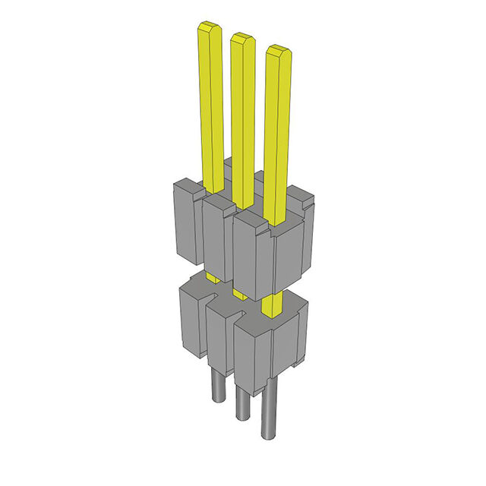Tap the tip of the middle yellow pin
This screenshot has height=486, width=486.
(242, 37)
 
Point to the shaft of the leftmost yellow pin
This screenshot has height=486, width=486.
(212, 106)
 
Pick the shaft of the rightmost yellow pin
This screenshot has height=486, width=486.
(277, 137)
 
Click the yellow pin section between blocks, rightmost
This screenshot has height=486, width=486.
(270, 305)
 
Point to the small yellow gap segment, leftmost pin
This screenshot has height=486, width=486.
(213, 279)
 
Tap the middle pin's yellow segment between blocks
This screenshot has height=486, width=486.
(239, 293)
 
